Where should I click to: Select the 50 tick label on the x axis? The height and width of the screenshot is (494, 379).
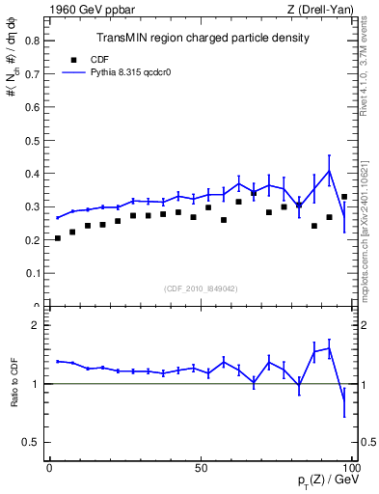coord(201,468)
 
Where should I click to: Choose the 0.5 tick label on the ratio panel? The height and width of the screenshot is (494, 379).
coord(32,442)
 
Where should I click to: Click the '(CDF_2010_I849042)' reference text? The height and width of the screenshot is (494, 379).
coord(202,288)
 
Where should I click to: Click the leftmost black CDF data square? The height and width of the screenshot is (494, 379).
coord(58,238)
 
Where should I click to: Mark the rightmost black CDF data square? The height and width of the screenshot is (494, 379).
coord(344,197)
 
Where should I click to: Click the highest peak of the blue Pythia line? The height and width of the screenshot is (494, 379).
coord(329,171)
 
